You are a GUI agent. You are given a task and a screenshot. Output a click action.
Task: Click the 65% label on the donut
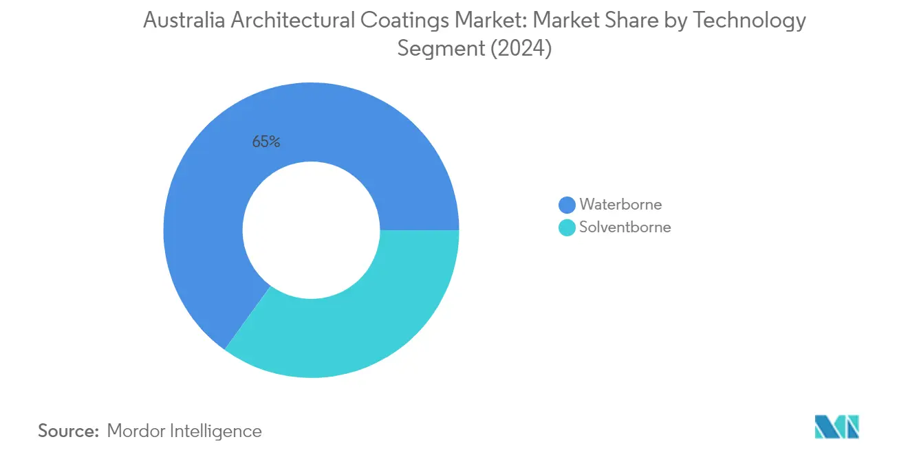point(266,142)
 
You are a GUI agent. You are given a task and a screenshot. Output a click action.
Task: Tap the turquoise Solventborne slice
point(358,323)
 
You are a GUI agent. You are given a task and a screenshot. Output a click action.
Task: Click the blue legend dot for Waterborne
point(567,205)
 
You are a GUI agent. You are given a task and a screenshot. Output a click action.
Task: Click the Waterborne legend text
point(620,205)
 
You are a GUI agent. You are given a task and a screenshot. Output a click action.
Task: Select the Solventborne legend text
point(625,227)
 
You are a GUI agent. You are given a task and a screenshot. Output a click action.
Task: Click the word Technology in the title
point(749,21)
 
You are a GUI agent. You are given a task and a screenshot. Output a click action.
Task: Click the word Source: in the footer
point(69,432)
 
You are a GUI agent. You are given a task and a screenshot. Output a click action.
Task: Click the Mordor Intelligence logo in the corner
point(836,427)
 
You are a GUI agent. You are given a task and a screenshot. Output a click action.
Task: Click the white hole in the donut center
point(311,230)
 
